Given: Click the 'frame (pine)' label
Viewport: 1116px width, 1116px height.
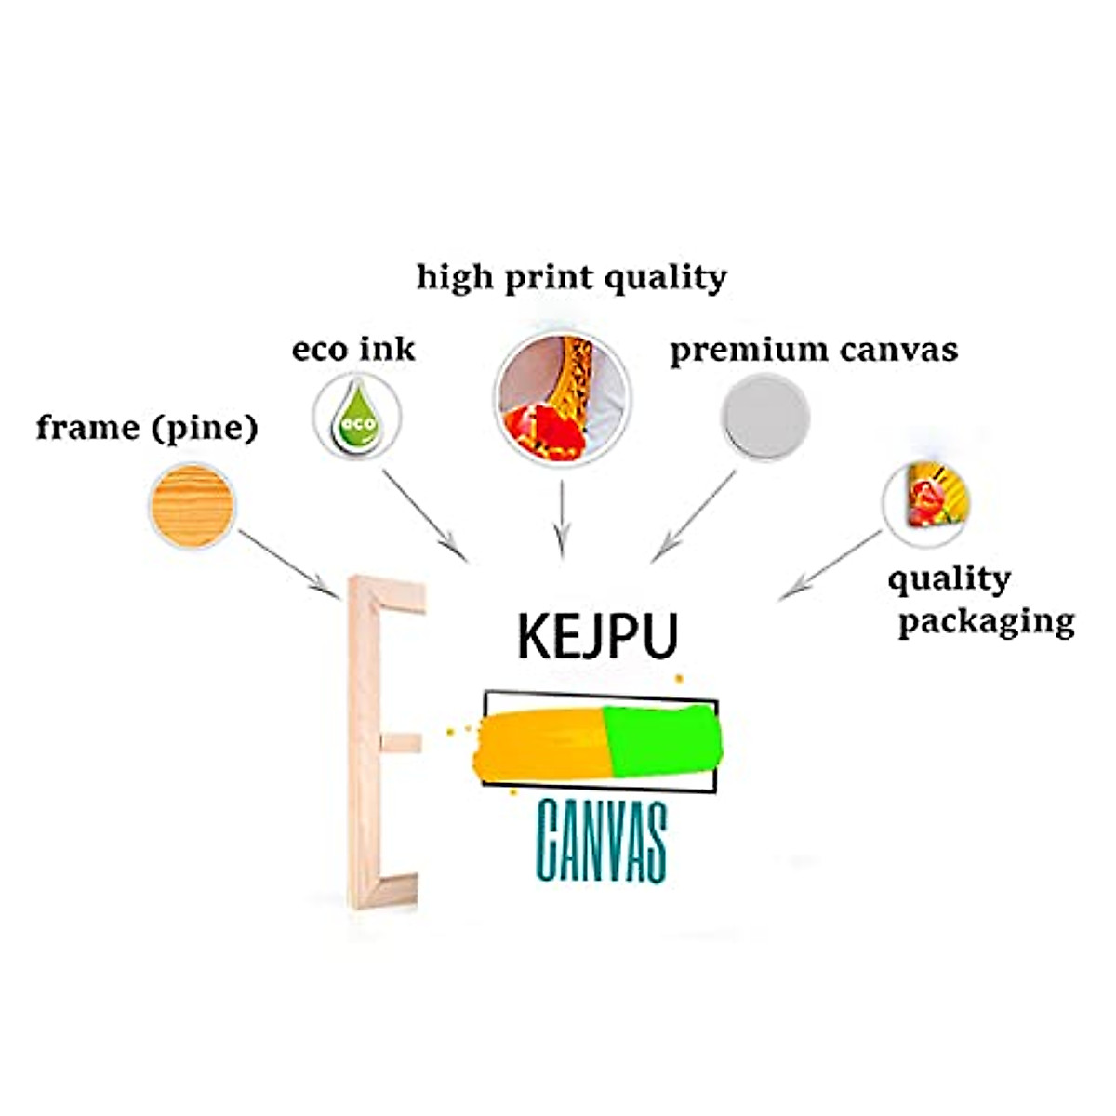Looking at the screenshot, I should [x=146, y=429].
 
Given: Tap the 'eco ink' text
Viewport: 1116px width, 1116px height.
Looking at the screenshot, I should [x=353, y=350].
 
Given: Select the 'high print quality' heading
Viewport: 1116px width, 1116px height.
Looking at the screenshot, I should [x=571, y=277].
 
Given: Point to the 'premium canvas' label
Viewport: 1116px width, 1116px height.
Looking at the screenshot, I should [x=813, y=351].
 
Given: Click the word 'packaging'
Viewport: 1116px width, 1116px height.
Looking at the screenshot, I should [x=986, y=621].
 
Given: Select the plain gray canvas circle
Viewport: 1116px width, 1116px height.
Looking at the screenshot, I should [x=765, y=417].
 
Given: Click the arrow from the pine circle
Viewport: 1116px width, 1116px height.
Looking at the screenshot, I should [x=288, y=564].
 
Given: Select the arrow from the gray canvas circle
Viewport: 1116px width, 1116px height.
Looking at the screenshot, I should [x=694, y=516].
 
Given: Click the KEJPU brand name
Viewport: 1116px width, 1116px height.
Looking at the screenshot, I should [x=597, y=635].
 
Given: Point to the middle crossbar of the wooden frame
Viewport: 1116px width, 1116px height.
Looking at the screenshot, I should [x=402, y=742].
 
